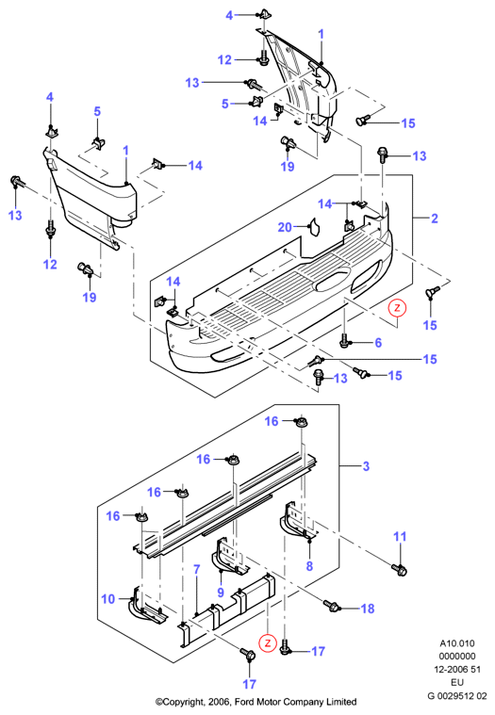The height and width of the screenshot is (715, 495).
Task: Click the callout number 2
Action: coord(435,219)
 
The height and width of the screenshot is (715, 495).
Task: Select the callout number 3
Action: coord(366,466)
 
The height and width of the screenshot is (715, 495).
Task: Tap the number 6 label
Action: coord(378,343)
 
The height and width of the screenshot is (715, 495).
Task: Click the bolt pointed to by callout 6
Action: coord(345,340)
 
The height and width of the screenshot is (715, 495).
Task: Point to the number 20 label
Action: coord(285,227)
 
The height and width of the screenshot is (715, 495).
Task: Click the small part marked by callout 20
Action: coord(315,227)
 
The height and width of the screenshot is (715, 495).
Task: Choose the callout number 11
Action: coord(400,536)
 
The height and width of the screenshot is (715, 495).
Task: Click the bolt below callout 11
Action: coord(399,570)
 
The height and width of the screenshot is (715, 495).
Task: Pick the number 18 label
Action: coord(368,609)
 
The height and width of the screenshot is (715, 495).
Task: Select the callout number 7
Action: coord(197,569)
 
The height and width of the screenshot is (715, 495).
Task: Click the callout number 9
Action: coord(221,592)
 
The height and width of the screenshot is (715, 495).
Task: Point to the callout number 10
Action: coord(108,598)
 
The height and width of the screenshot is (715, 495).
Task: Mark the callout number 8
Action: coord(309,566)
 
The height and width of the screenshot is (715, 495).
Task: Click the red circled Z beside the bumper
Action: coord(397,308)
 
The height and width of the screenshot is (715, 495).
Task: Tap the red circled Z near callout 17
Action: coord(268,643)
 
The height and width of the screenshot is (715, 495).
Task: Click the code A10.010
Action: coord(457,643)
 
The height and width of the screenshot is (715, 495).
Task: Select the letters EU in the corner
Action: coord(457,682)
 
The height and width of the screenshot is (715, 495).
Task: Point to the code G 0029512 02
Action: coord(457,696)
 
